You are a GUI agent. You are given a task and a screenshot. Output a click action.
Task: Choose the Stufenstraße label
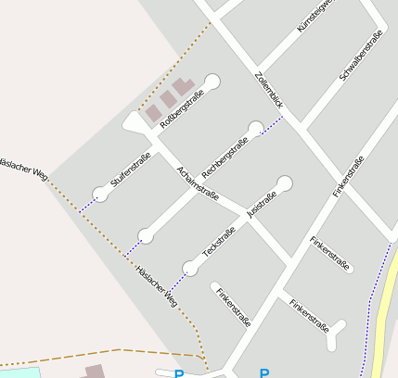pyautogui.click(x=131, y=171)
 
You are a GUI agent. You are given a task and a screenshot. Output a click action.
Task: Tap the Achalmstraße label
pyautogui.click(x=198, y=183)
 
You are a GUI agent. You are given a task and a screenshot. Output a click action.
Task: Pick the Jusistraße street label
pyautogui.click(x=262, y=203)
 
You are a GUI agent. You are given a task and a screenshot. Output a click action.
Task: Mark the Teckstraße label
pyautogui.click(x=219, y=241)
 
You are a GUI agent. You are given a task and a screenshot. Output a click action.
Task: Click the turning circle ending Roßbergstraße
pyautogui.click(x=212, y=82)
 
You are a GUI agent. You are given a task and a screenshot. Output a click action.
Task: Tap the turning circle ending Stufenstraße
pyautogui.click(x=100, y=194)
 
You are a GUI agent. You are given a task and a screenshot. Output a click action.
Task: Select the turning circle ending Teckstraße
pyautogui.click(x=190, y=269)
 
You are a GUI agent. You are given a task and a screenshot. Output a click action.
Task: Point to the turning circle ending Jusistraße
pyautogui.click(x=285, y=183)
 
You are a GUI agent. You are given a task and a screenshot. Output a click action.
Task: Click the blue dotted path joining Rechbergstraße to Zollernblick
pyautogui.click(x=274, y=126)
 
